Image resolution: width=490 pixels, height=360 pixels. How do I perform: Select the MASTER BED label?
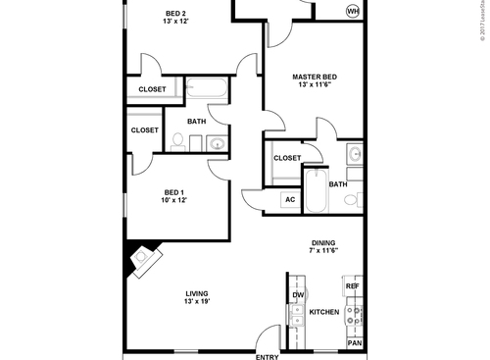tap(317, 77)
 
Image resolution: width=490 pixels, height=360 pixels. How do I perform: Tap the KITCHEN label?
tap(324, 312)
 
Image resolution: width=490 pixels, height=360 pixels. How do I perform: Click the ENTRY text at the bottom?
tap(267, 356)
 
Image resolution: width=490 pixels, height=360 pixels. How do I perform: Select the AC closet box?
tap(289, 200)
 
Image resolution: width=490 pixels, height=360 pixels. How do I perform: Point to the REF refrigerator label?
tap(353, 285)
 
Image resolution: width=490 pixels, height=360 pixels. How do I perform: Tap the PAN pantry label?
tap(354, 343)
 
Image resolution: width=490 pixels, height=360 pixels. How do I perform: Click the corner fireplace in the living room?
tap(145, 258)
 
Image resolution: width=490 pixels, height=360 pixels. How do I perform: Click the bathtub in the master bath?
tap(317, 191)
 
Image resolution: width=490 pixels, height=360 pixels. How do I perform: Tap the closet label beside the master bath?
tap(287, 157)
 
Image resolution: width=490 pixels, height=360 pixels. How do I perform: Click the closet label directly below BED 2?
tap(152, 89)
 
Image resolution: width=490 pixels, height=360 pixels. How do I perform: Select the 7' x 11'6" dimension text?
tap(324, 253)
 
